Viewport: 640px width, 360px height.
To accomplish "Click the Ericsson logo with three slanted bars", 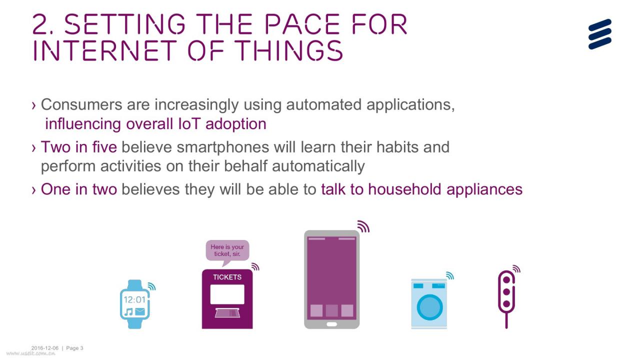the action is point(599,34).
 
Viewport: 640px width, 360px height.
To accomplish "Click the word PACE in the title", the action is point(302,24).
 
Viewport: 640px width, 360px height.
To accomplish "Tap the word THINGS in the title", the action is point(290,50).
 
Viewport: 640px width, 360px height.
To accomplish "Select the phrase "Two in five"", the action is point(79,147).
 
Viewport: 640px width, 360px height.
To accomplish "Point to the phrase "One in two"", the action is point(79,189).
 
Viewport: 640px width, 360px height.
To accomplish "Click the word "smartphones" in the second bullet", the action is point(223,147).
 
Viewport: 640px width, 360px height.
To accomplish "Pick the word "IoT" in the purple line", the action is point(189,124).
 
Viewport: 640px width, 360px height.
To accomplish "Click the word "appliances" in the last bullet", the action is point(484,190).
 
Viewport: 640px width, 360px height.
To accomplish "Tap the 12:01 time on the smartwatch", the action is point(134,299).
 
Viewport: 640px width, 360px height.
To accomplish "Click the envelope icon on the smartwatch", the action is point(139,311).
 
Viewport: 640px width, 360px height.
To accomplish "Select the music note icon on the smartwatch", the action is point(128,312).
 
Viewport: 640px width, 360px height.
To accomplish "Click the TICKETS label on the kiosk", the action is point(227,277).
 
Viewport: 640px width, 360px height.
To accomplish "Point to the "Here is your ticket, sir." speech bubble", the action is point(227,250).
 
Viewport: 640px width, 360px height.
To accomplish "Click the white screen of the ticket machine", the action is point(227,294).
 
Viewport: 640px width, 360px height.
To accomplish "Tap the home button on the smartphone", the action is point(331,324).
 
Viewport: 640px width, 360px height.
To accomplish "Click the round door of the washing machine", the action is point(429,307).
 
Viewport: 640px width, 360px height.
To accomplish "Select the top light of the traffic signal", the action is point(506,280).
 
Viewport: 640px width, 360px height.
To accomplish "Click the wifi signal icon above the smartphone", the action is point(363,226).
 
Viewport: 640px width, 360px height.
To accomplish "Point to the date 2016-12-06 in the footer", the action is point(45,348).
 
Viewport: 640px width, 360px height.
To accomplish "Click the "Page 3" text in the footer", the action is point(74,348).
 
